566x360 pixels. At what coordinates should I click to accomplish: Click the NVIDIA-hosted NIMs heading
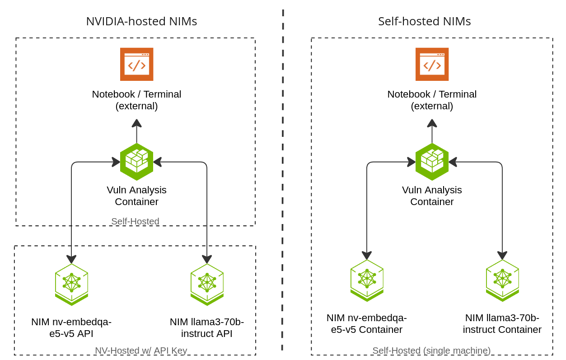141,21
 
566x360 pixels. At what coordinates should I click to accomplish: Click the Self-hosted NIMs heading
424,21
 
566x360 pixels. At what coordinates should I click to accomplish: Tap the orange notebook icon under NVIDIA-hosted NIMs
136,64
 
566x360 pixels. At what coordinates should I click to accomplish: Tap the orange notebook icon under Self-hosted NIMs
432,64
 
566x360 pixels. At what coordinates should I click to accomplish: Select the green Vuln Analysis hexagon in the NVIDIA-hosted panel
136,162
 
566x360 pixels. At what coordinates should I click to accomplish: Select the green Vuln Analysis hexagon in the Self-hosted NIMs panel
432,162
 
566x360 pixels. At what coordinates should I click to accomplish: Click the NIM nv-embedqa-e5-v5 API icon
71,284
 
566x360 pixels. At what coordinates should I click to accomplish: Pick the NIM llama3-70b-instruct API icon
207,284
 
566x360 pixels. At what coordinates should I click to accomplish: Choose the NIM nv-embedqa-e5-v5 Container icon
367,280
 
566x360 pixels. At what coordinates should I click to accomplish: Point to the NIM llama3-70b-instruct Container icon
502,280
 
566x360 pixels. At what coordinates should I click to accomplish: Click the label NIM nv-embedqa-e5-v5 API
71,328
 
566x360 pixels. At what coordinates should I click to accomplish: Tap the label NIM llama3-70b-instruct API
207,328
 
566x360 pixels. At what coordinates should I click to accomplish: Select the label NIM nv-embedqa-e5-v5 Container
367,324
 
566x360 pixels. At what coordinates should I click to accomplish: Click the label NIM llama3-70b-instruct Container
502,324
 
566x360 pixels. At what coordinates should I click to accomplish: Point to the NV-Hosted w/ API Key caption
141,351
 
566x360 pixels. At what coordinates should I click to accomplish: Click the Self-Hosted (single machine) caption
431,351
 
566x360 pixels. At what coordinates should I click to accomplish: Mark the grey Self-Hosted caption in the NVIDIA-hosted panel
135,221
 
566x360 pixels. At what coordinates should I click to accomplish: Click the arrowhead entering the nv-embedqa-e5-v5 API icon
71,259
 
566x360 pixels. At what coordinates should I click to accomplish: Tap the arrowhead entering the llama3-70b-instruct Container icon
502,255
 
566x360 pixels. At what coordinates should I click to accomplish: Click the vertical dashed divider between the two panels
283,181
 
